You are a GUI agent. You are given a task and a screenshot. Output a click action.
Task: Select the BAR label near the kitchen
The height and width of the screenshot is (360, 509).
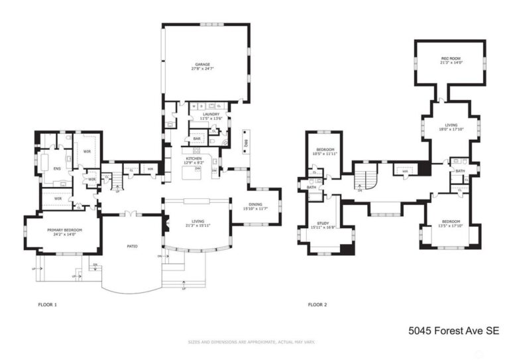(197, 139)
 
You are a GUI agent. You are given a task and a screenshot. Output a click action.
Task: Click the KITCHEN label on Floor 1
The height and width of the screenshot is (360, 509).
(194, 158)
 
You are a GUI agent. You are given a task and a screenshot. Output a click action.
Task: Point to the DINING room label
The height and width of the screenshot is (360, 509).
(255, 205)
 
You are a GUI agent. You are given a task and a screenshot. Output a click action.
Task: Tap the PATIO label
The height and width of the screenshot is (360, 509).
(131, 246)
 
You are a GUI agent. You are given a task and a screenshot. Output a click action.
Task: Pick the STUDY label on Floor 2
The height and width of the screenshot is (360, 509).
(323, 223)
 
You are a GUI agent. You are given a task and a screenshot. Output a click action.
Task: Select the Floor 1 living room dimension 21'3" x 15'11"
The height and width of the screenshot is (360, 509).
(198, 225)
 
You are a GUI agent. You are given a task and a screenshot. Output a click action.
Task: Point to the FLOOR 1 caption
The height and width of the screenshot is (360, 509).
(48, 305)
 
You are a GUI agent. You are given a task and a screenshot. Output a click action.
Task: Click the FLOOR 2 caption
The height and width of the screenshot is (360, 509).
(317, 305)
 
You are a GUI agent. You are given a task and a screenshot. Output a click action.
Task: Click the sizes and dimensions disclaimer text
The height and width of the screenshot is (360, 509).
(251, 342)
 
